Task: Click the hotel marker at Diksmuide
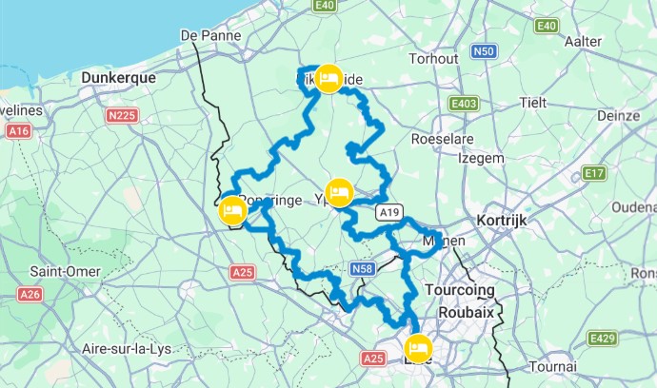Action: pos(328,79)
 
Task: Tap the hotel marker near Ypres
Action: pos(339,191)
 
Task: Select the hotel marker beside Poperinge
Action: pos(231,211)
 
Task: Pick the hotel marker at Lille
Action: pos(416,347)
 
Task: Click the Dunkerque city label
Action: pos(119,78)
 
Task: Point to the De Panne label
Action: pos(208,36)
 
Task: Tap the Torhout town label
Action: pos(434,58)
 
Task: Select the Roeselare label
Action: pos(443,138)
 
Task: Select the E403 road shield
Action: pos(465,103)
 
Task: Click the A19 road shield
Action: pos(387,211)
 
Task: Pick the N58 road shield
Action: pos(362,270)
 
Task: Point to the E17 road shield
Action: pos(595,172)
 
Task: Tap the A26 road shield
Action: pos(30,295)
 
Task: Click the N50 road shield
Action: pos(485,51)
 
